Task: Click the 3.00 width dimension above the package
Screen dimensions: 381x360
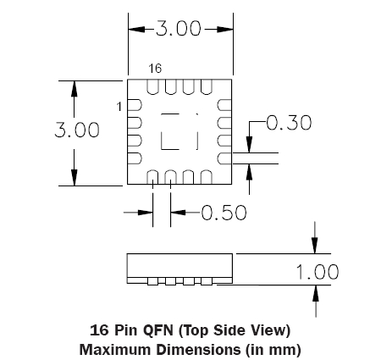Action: pyautogui.click(x=179, y=28)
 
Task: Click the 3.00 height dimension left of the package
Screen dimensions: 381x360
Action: pyautogui.click(x=77, y=130)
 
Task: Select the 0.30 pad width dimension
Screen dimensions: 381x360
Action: pyautogui.click(x=289, y=123)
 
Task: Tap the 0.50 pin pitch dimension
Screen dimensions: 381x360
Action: pyautogui.click(x=224, y=213)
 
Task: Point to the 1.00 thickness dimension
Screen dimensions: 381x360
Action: pyautogui.click(x=317, y=272)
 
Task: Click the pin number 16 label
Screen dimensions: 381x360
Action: pyautogui.click(x=155, y=69)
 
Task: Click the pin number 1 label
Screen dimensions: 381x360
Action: pyautogui.click(x=119, y=107)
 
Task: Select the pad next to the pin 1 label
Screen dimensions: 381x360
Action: pyautogui.click(x=135, y=105)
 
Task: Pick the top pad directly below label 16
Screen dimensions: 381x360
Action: pyautogui.click(x=152, y=86)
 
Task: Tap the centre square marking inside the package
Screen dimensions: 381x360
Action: pyautogui.click(x=179, y=131)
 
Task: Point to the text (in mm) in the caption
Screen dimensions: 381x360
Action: pyautogui.click(x=273, y=350)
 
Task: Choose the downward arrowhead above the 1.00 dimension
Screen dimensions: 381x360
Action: pyautogui.click(x=315, y=245)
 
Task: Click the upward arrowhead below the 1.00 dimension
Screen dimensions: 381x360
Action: pyautogui.click(x=316, y=294)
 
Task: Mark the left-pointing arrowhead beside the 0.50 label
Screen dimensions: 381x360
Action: pyautogui.click(x=179, y=213)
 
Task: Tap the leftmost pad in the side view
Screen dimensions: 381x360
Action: pyautogui.click(x=152, y=281)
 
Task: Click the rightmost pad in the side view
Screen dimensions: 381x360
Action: pyautogui.click(x=207, y=281)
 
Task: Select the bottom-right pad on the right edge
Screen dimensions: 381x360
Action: pyautogui.click(x=224, y=158)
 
